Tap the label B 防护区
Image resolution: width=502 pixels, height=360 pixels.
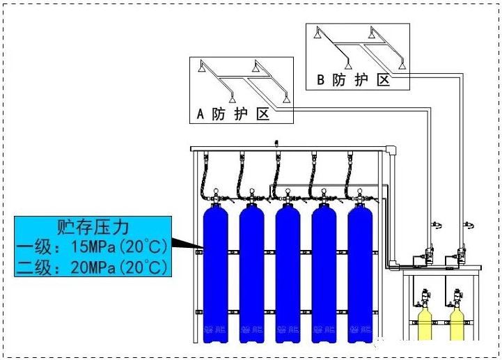[x=354, y=80]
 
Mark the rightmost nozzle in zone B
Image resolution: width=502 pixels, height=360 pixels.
[x=402, y=67]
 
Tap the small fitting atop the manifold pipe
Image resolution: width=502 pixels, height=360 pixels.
[x=277, y=143]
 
